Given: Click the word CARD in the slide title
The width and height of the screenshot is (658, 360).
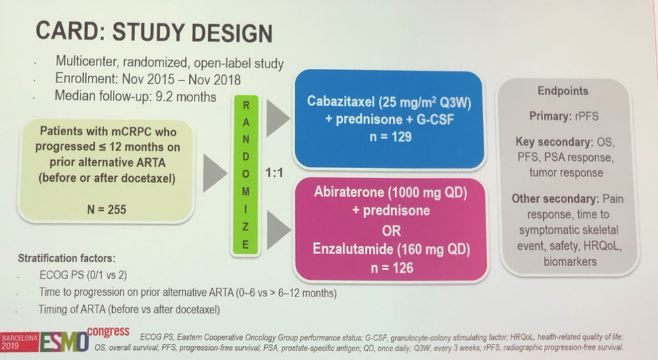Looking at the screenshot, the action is click(66, 31).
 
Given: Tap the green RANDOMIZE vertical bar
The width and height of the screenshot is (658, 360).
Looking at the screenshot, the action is click(245, 176).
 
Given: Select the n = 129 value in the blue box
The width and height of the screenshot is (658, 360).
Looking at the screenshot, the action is click(390, 137).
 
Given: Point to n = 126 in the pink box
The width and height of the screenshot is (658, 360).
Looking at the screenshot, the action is click(392, 267).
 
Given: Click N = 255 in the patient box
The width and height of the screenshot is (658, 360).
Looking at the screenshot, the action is click(107, 209).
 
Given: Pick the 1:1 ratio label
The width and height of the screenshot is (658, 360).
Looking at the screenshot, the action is click(274, 172).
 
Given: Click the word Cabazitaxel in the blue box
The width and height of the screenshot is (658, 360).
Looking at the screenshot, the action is click(340, 101).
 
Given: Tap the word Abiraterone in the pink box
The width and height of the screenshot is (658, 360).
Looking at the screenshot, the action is click(349, 192).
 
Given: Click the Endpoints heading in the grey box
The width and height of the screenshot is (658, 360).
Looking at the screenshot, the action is click(563, 91).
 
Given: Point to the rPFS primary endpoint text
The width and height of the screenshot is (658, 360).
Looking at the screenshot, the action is click(586, 115).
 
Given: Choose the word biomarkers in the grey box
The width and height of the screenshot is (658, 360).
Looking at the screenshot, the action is click(570, 261).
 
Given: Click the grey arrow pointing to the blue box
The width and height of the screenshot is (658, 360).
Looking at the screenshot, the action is click(278, 118).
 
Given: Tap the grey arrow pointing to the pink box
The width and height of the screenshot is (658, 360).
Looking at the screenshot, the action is click(278, 230).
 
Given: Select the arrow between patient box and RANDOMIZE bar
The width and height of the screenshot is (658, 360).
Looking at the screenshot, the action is click(215, 173).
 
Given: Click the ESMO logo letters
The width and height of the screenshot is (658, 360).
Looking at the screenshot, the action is click(64, 342).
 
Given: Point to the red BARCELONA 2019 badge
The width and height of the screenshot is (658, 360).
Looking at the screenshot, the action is click(20, 342).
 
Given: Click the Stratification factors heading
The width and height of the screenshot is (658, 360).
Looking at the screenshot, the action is click(66, 257).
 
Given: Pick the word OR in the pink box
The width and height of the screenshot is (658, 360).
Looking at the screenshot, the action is click(391, 231).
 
